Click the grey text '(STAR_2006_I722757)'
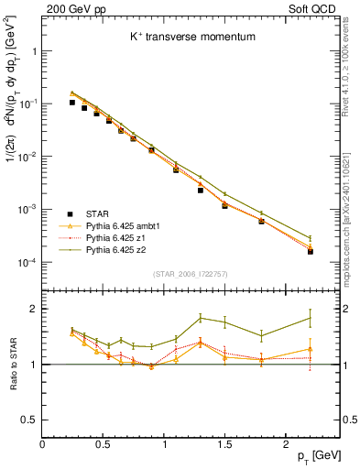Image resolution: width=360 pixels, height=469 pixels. point(191,275)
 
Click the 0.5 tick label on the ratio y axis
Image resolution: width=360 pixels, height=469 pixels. point(29,420)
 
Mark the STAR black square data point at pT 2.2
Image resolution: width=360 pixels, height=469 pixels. point(310,250)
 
